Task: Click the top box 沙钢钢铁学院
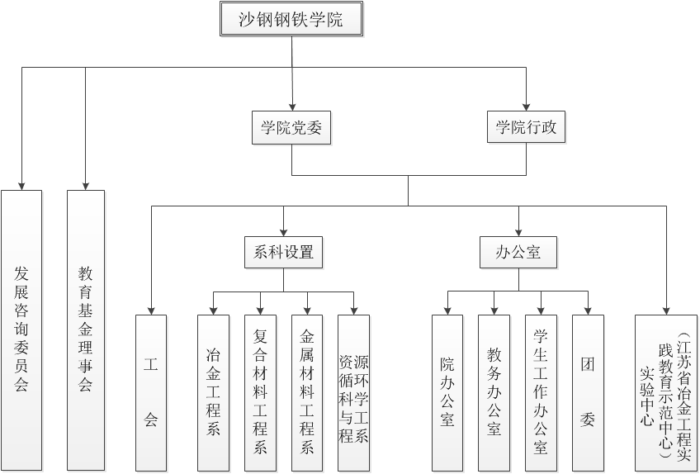point(291,20)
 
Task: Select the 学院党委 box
point(291,128)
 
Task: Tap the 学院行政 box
point(526,128)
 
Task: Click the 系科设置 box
point(284,252)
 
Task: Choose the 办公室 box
point(518,252)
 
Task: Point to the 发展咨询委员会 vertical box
point(21,329)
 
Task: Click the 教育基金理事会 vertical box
point(86,329)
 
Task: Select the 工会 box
point(151,392)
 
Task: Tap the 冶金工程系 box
point(213,392)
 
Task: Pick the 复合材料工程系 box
point(260,392)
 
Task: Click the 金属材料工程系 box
point(307,392)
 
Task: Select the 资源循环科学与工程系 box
point(354,392)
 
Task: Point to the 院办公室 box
point(447,392)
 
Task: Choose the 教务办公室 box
point(494,392)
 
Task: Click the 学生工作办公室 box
point(541,392)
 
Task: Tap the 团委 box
point(588,392)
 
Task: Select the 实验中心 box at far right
point(666,392)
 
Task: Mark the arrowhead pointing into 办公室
point(518,231)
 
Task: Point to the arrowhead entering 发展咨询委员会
point(21,185)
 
